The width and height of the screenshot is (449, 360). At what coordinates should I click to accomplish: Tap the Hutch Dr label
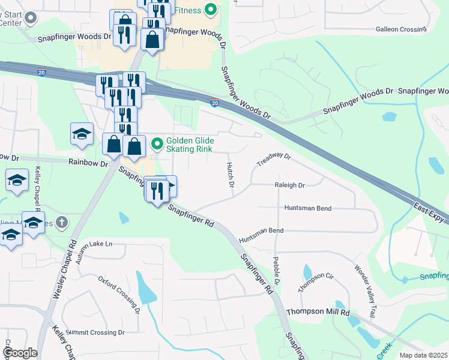pos(230,175)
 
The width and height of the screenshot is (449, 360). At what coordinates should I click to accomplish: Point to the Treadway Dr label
pos(274,160)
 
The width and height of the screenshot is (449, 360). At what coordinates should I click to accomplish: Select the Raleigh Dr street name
pos(290,185)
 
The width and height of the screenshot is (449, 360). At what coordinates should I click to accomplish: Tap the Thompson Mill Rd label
pos(318,312)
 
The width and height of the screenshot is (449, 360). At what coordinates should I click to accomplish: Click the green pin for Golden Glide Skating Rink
pos(157,143)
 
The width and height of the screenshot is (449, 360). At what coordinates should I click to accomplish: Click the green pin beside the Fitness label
pos(210,9)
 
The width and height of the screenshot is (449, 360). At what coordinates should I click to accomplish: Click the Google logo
pos(20,353)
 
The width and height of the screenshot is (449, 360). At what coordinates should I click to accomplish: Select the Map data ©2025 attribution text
pos(423,355)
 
